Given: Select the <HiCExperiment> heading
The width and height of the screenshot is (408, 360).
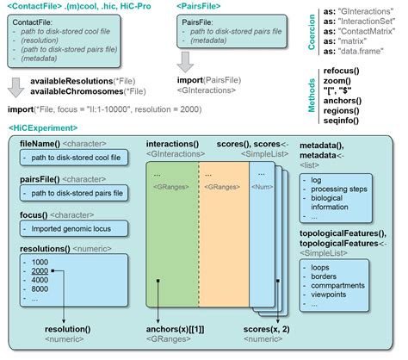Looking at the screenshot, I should (35, 127).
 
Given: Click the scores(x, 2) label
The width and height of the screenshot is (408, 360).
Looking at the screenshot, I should (267, 331).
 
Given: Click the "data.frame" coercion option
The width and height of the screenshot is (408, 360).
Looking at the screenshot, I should (371, 53).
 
